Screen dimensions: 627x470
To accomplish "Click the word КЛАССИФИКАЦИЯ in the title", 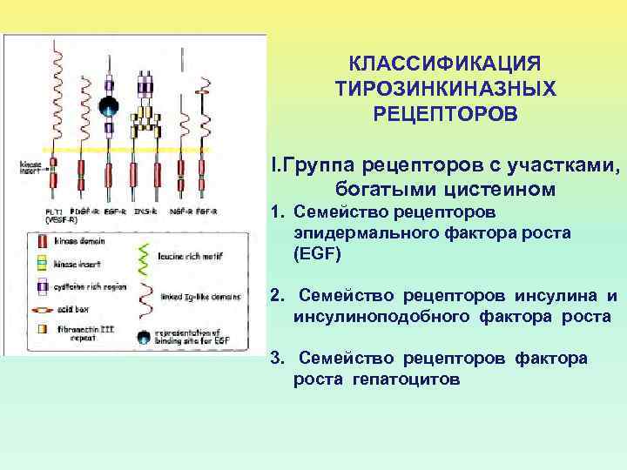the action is click(444, 64).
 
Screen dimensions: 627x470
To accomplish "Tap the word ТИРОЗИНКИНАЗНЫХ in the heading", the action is click(444, 89).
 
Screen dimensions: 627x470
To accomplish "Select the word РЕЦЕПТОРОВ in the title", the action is click(444, 114).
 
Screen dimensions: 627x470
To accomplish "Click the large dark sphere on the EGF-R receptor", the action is click(108, 108).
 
